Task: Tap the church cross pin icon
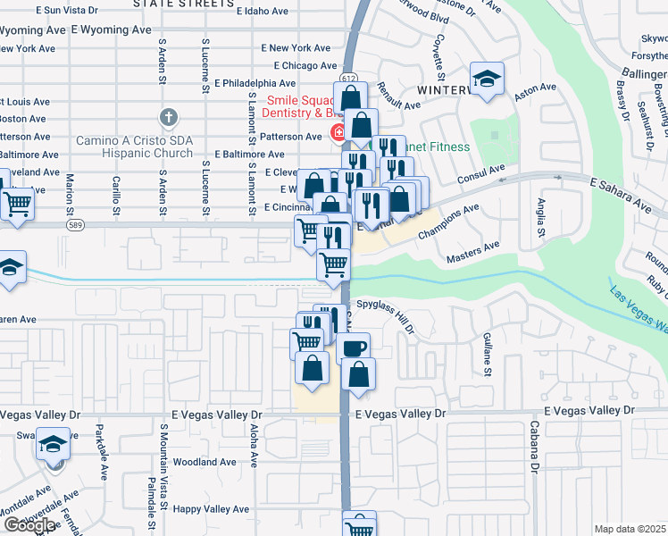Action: click(168, 117)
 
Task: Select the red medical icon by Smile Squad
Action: click(339, 135)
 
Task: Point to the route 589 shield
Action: click(72, 223)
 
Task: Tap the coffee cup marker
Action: click(355, 347)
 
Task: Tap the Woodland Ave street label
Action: click(205, 462)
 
